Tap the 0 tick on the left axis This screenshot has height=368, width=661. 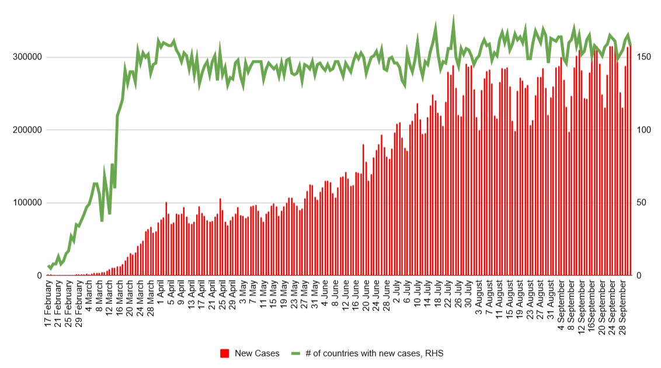[39, 276]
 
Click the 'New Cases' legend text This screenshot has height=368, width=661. [257, 353]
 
